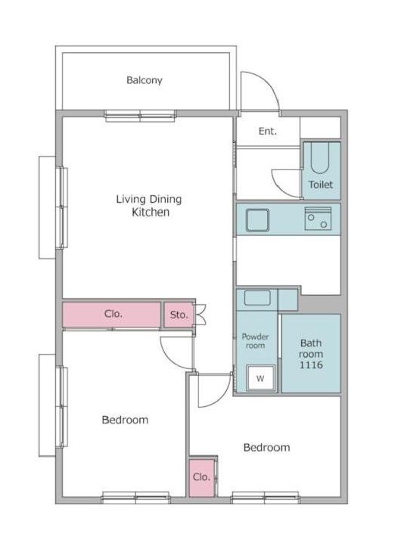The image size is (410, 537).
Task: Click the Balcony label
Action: click(x=144, y=80)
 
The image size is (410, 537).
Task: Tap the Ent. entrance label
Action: click(x=268, y=131)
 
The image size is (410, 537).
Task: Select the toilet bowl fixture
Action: click(x=320, y=157)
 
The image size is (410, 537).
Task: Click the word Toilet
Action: click(x=321, y=185)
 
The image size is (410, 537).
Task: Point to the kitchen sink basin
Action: click(x=257, y=219)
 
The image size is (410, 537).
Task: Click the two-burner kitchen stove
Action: click(x=318, y=219)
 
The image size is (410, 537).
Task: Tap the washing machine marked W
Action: click(x=260, y=378)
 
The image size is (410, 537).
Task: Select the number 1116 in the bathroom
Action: click(x=311, y=365)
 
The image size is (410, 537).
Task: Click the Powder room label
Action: click(x=255, y=341)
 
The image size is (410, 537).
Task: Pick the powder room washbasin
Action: click(x=257, y=297)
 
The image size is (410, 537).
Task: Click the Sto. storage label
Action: click(x=179, y=315)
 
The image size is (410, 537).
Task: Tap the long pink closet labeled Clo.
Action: click(x=111, y=314)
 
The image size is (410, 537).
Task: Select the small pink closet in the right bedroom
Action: click(x=201, y=477)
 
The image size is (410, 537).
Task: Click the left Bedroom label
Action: click(x=125, y=420)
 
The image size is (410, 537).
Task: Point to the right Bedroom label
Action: click(x=267, y=447)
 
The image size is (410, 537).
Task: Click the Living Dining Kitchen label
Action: click(x=149, y=206)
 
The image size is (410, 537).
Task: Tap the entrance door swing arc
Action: click(x=268, y=83)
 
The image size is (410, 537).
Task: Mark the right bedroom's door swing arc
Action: click(x=222, y=398)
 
